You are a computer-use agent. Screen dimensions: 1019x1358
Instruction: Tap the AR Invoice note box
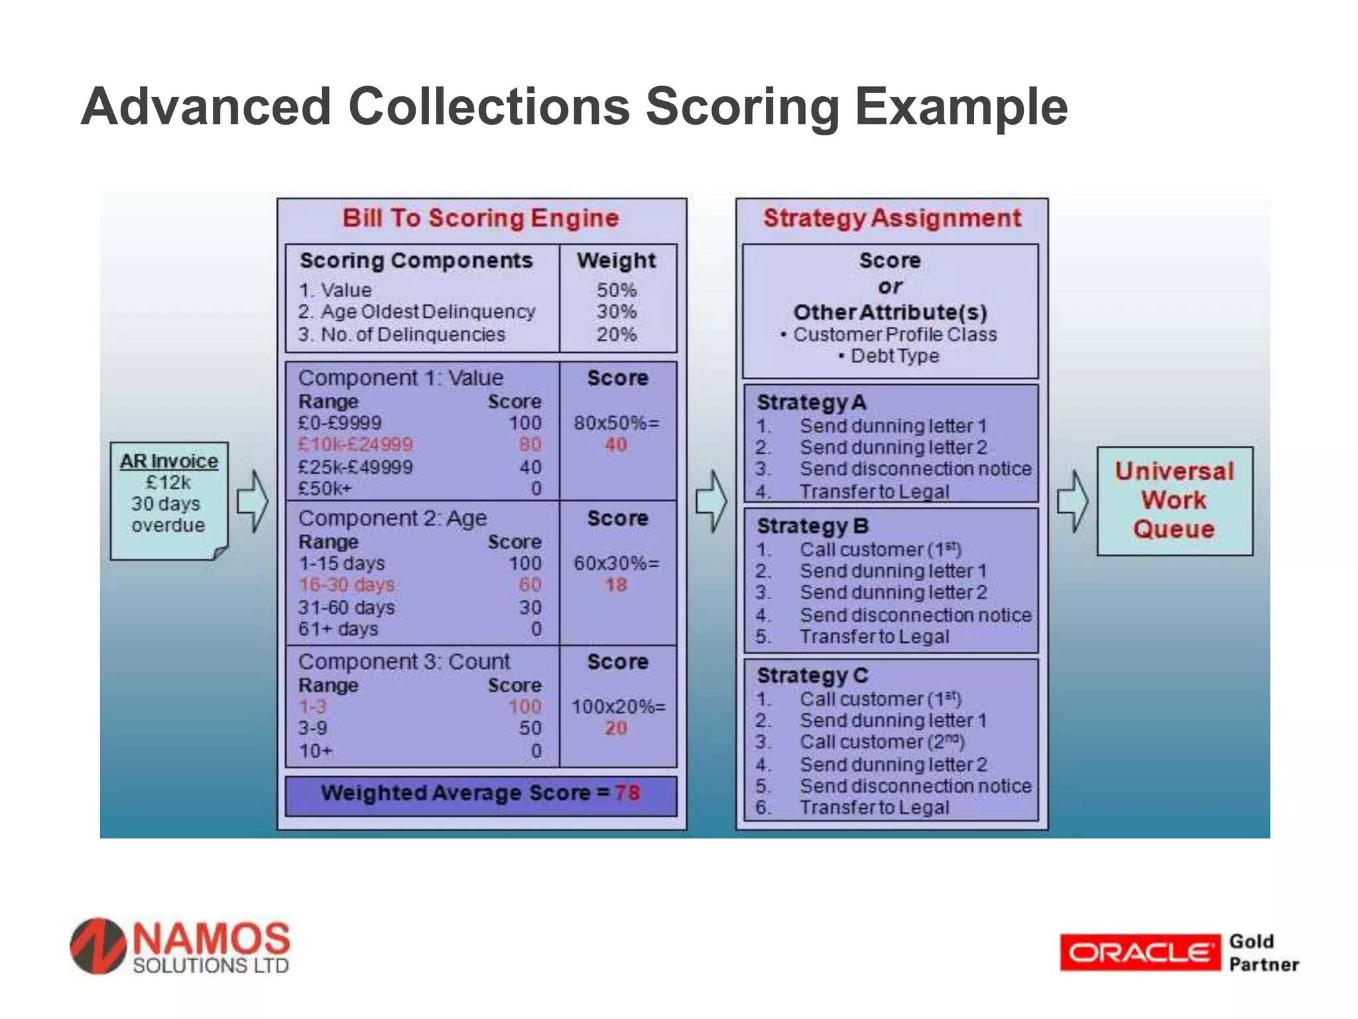click(x=169, y=500)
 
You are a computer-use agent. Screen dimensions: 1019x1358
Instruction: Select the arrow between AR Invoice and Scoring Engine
click(x=252, y=502)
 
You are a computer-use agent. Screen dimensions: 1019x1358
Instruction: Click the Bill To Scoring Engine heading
click(x=481, y=218)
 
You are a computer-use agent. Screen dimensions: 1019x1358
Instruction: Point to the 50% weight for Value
click(x=616, y=290)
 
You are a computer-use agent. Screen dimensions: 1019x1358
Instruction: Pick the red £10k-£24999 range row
click(x=355, y=444)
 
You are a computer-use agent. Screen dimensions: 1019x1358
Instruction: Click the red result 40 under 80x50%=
click(x=615, y=445)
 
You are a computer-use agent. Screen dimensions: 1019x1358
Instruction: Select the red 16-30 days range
click(x=346, y=585)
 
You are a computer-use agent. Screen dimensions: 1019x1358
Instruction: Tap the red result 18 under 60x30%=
click(x=615, y=585)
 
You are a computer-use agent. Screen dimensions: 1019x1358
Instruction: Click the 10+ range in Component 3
click(x=316, y=751)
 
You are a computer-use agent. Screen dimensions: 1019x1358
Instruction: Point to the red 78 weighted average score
click(x=627, y=793)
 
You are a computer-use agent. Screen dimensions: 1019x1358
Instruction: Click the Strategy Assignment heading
click(x=892, y=218)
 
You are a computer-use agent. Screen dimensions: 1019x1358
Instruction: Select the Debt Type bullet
click(x=894, y=356)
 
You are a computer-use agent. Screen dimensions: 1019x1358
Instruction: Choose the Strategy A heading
click(x=812, y=403)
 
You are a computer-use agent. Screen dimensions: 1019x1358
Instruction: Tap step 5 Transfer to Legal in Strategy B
click(x=874, y=637)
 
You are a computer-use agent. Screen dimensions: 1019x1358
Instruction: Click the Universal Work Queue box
click(x=1174, y=500)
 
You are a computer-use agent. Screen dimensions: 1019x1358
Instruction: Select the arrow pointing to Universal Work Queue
click(x=1072, y=502)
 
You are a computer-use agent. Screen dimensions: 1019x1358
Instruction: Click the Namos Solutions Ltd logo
click(x=180, y=947)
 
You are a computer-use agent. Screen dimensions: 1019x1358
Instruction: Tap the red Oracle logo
click(x=1139, y=953)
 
